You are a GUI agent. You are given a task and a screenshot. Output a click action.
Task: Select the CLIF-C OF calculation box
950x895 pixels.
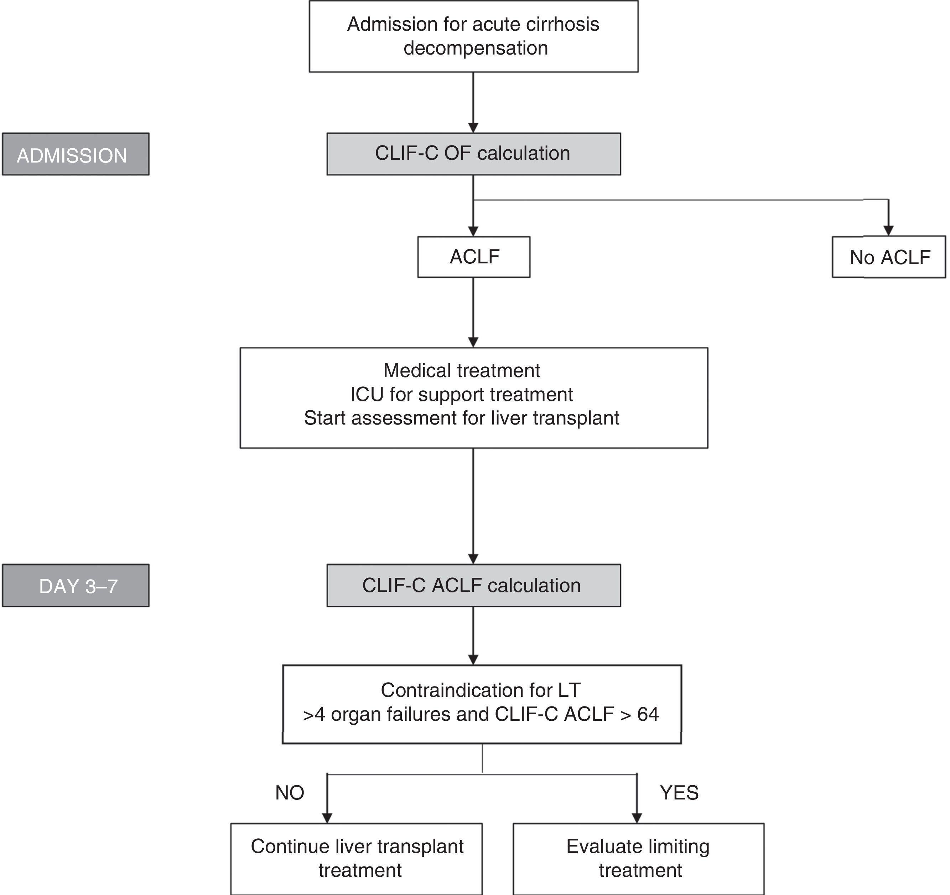coord(473,154)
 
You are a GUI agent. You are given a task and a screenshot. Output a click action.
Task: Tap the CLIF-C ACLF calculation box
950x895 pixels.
coord(473,586)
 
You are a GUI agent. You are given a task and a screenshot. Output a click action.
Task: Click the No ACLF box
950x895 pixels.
coord(889,257)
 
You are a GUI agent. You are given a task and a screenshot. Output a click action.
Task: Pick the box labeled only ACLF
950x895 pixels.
coord(473,257)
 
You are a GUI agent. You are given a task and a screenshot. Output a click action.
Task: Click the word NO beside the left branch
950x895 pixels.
coord(290,793)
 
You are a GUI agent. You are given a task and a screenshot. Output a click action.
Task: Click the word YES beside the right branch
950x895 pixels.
coord(679,793)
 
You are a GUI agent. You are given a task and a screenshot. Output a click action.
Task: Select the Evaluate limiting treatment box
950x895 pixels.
coord(638,858)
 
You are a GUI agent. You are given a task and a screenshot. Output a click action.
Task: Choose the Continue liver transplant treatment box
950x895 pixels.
coord(357,858)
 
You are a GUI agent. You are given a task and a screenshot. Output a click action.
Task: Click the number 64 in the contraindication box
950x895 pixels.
coord(648,714)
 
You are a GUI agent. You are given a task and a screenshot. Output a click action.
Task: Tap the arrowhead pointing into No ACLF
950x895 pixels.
coord(888,231)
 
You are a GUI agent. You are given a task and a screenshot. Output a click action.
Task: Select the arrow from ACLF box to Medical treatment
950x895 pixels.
coord(473,311)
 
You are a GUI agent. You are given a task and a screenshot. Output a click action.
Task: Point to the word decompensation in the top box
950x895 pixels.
coord(476,48)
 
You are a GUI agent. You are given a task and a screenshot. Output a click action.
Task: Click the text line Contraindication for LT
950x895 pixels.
coord(481,690)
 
